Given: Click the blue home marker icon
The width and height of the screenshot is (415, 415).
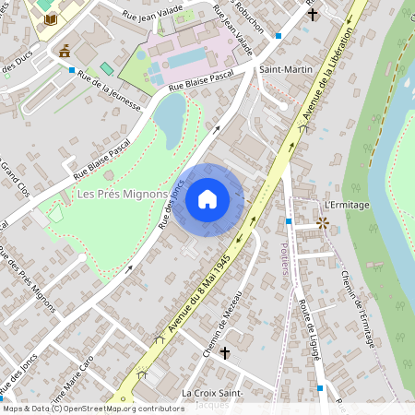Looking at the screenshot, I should (207, 198).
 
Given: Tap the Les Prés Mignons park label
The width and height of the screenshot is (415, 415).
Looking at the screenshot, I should (122, 194).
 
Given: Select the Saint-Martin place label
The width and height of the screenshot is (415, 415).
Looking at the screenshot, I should (284, 70).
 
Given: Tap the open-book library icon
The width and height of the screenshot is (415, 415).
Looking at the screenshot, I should (50, 18).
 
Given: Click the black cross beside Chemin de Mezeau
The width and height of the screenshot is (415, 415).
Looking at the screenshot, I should (224, 352).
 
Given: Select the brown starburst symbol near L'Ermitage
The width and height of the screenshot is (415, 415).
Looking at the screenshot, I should (322, 222).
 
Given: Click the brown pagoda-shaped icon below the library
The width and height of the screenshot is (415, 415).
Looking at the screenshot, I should (65, 53).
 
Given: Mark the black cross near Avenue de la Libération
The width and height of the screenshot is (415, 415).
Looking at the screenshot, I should (313, 14).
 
